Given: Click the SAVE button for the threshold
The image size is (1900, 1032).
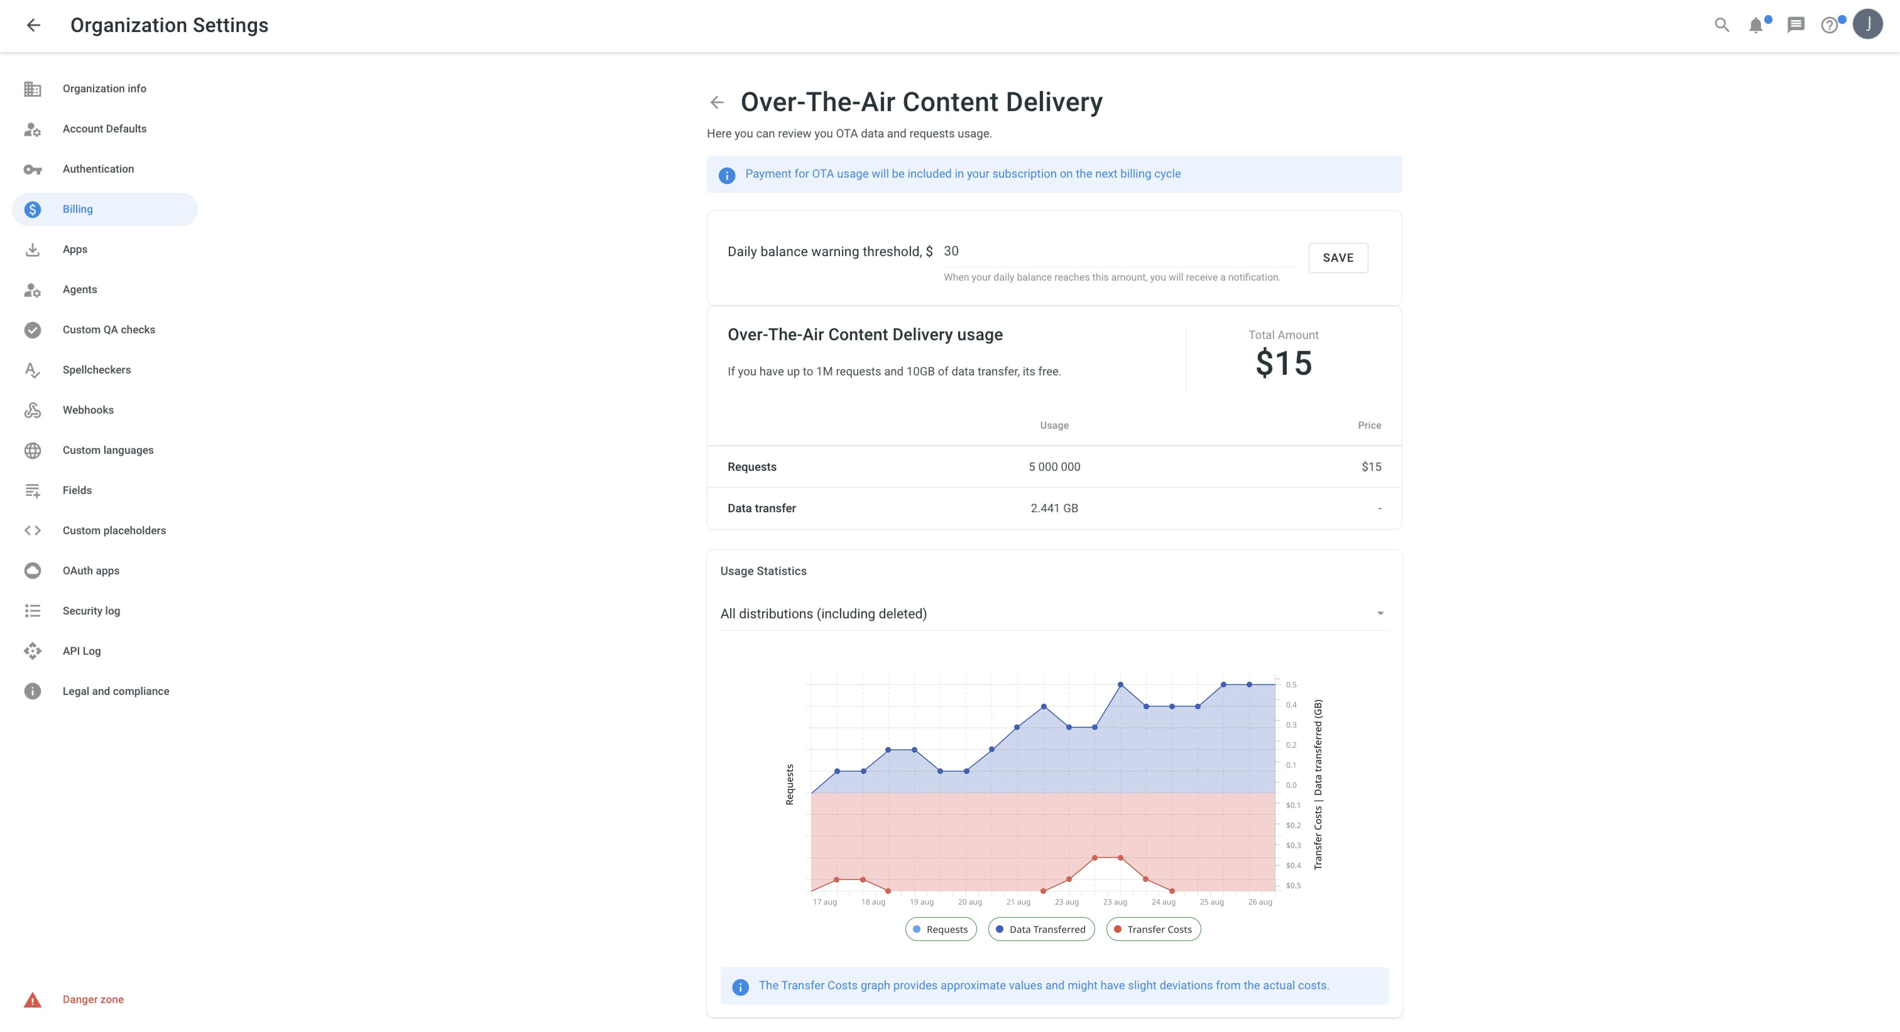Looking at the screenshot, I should tap(1337, 258).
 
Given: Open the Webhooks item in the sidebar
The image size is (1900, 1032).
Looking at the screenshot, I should tap(88, 410).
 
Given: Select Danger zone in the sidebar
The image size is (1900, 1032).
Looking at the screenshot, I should tap(93, 1000).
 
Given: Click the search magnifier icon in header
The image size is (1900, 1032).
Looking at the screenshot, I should tap(1722, 25).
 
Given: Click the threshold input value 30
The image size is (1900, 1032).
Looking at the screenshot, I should tap(952, 251).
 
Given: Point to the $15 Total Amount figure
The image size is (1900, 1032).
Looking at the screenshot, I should tap(1283, 363).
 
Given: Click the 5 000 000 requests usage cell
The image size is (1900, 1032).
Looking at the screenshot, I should tap(1054, 467).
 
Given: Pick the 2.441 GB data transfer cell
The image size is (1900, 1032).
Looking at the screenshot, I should tap(1054, 509).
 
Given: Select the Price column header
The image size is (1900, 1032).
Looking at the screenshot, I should tap(1369, 425).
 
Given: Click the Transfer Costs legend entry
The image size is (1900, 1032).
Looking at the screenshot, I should tap(1154, 930).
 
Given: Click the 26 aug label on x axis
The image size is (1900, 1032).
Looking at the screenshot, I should tap(1260, 902).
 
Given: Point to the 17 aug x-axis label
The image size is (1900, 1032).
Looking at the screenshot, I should tap(825, 902).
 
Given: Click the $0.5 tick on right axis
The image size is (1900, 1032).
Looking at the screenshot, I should tap(1293, 886).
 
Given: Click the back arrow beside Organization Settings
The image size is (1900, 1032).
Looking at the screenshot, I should tap(33, 25).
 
